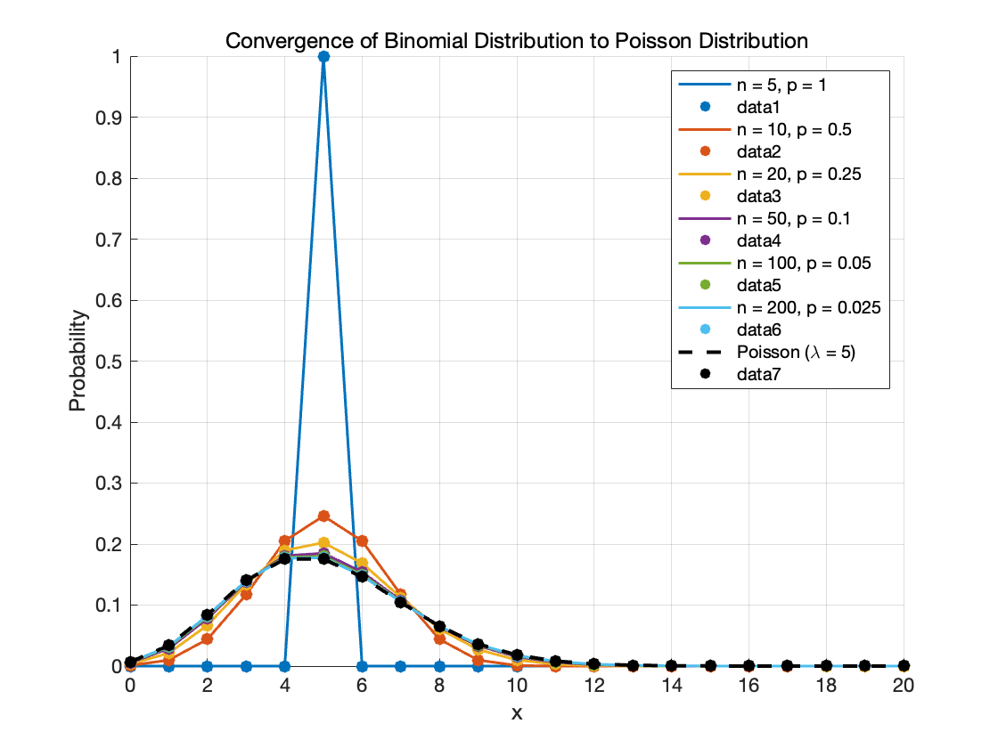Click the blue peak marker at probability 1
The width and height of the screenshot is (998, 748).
323,56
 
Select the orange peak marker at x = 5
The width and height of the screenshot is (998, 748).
323,516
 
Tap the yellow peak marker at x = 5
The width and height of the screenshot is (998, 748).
323,543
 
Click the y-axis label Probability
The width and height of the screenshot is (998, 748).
78,361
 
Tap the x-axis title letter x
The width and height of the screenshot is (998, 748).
517,713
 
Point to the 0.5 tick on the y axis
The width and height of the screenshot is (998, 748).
112,361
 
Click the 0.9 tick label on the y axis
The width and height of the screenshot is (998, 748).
112,118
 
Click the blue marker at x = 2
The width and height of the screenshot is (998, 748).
208,666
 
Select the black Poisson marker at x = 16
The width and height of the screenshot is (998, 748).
749,666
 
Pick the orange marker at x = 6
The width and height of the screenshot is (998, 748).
362,541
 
